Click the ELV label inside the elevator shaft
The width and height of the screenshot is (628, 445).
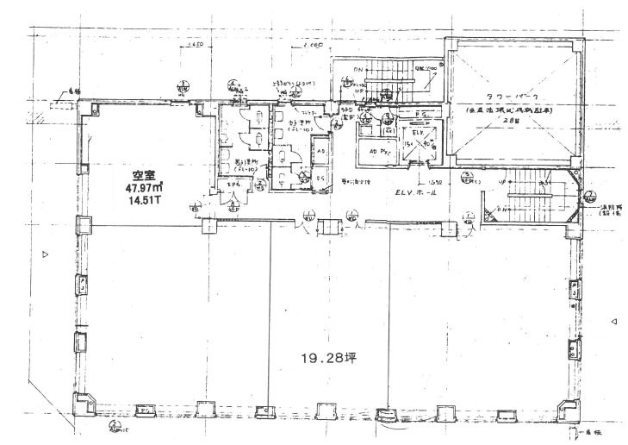tap(417, 135)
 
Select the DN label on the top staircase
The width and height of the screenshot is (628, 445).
tap(359, 66)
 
